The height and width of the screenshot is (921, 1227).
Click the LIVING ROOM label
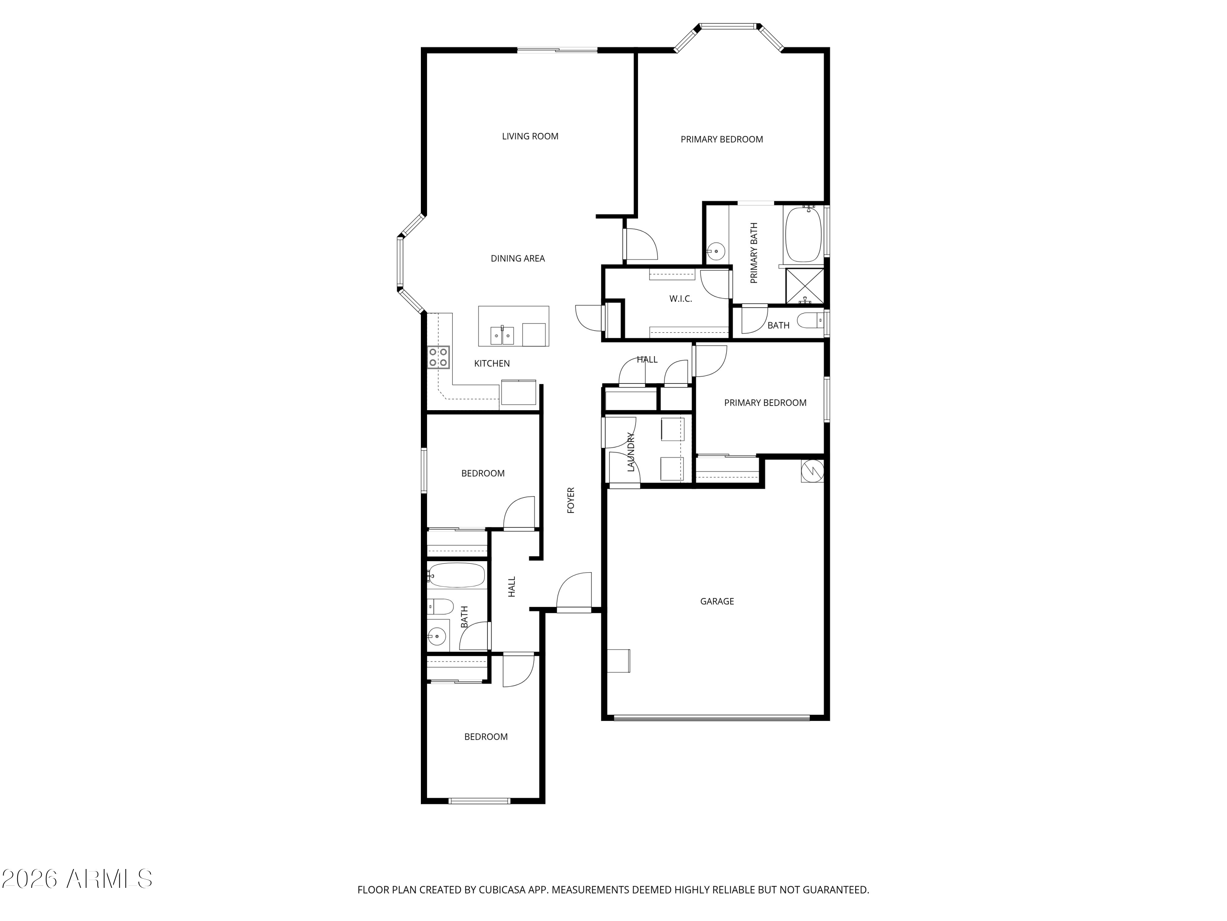(x=530, y=136)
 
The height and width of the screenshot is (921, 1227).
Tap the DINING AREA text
(x=517, y=258)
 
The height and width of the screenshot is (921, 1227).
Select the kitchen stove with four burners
(x=438, y=357)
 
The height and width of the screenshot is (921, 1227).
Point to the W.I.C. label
(x=680, y=299)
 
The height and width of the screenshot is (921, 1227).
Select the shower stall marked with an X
(x=805, y=286)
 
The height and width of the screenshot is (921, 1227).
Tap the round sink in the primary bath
(x=716, y=251)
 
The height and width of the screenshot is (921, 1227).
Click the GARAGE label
(x=717, y=601)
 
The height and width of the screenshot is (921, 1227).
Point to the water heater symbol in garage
(x=812, y=471)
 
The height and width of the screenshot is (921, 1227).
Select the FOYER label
(x=571, y=500)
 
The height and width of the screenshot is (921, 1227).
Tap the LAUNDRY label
(x=631, y=452)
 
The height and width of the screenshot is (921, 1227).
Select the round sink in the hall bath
(x=437, y=636)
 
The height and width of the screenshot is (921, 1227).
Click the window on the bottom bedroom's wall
(x=479, y=801)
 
